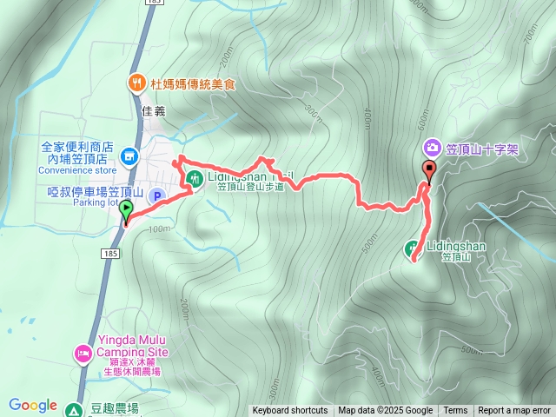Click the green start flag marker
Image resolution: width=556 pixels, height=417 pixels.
click(x=126, y=209)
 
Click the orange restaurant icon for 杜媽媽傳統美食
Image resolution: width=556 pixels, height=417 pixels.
click(x=136, y=83)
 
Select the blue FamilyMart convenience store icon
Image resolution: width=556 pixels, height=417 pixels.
click(x=129, y=156)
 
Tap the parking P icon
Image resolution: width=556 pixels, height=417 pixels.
click(x=157, y=196)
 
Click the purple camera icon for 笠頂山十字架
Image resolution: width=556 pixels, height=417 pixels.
click(x=431, y=149)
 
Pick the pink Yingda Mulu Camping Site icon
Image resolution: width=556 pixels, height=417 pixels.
click(x=84, y=353)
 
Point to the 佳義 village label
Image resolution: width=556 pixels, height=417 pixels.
click(x=153, y=111)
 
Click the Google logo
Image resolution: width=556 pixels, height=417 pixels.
click(x=33, y=405)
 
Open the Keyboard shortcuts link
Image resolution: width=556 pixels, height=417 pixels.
click(x=290, y=411)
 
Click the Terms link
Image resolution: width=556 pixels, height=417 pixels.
click(x=455, y=411)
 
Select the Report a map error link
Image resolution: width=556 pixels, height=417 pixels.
click(x=514, y=411)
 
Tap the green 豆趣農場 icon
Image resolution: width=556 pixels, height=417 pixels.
click(x=76, y=409)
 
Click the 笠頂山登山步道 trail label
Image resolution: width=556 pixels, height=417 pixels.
click(x=249, y=186)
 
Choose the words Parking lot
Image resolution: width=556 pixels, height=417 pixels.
click(x=95, y=203)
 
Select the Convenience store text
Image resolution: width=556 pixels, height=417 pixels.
click(x=77, y=170)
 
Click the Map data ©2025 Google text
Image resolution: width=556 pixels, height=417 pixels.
click(x=385, y=411)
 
